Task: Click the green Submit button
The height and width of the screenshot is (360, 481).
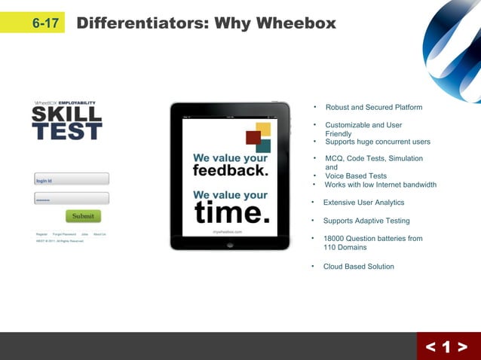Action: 83,216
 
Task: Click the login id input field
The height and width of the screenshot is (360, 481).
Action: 72,179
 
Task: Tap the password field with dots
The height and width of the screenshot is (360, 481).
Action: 72,199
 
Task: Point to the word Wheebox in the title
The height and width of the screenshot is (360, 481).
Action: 296,23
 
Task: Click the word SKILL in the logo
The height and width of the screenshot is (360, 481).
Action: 66,115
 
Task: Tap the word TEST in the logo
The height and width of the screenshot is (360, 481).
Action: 66,132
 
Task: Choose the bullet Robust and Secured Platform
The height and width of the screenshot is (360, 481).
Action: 373,108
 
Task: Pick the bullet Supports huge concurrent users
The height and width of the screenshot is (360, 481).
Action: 378,142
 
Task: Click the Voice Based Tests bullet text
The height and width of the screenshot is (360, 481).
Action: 356,176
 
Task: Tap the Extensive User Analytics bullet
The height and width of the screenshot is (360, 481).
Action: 363,203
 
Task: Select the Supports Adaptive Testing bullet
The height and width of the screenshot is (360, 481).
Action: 366,221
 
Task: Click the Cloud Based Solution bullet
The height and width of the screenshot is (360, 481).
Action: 358,267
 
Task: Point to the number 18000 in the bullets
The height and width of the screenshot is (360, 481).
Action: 335,239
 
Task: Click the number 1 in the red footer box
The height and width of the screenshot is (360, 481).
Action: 446,347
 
